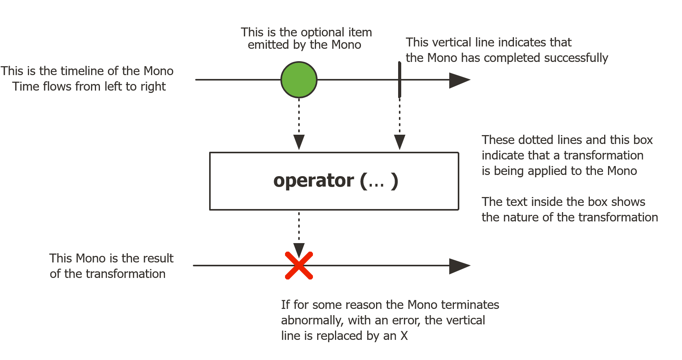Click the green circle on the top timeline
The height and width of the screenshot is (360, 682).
point(299,80)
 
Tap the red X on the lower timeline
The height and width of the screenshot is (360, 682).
point(299,266)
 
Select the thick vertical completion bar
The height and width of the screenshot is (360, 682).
point(400,79)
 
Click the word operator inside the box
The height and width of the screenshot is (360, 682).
point(314,181)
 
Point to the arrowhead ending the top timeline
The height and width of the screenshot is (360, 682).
point(460,80)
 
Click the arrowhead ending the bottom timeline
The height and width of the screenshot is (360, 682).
point(460,266)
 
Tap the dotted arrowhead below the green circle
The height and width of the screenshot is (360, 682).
point(299,142)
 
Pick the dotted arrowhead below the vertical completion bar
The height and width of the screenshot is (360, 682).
point(400,142)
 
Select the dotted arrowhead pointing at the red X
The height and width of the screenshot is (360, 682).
point(299,250)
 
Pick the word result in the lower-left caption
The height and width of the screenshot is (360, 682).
point(159,258)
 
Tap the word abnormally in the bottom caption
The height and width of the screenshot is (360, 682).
point(312,321)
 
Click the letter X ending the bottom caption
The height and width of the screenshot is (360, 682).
point(404,336)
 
